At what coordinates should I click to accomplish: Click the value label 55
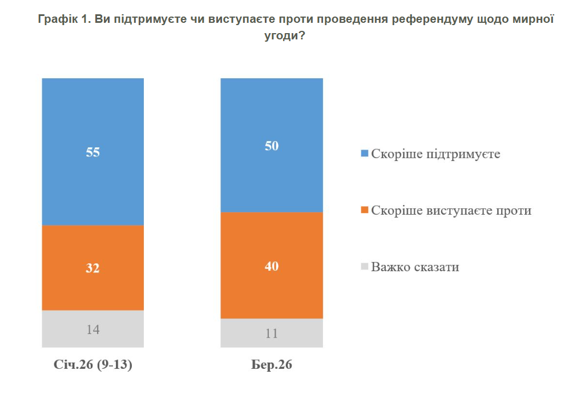coord(92,152)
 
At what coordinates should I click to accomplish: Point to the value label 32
coord(92,268)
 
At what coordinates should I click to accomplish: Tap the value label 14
coord(92,329)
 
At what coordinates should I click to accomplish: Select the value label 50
coord(272,146)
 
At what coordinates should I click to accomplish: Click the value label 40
coord(272,266)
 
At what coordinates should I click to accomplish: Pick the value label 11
coord(272,333)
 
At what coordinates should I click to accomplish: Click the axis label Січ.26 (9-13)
coord(93,365)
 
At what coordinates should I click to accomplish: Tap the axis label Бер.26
coord(272,365)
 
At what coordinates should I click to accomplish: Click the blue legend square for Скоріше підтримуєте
coord(365,154)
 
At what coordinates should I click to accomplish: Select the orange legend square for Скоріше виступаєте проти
coord(365,210)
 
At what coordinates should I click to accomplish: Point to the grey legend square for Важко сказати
coord(365,267)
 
